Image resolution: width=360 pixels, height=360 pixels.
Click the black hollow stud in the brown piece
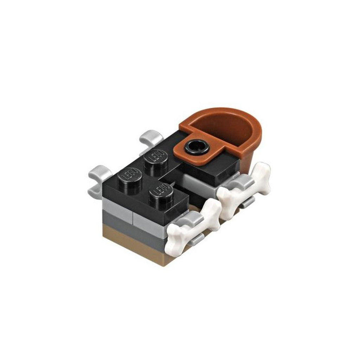(x=196, y=146)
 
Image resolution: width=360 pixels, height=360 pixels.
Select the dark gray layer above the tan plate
(x=134, y=228)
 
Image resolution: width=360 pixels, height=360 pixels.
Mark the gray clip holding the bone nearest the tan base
(x=192, y=220)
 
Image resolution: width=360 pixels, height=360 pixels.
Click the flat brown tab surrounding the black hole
(x=207, y=155)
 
